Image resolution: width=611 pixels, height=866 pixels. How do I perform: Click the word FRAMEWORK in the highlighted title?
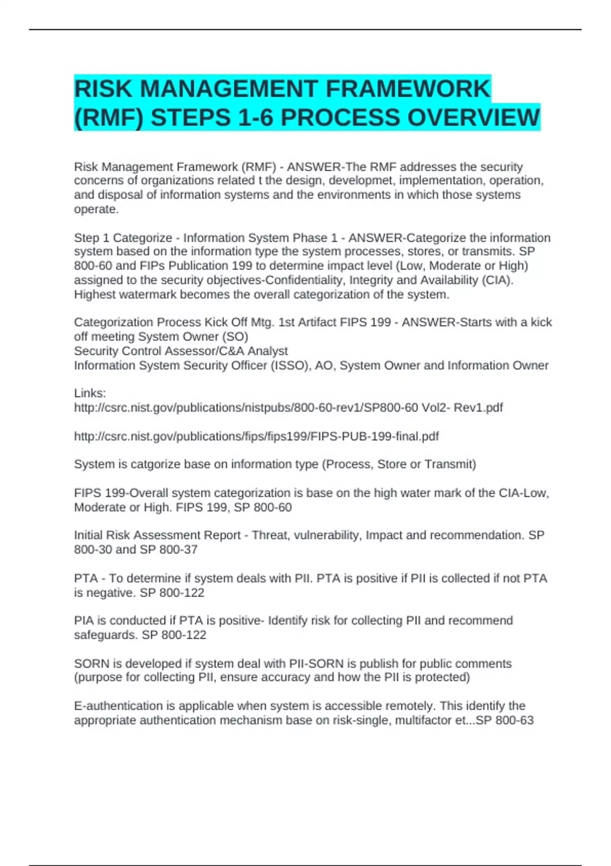[x=407, y=89]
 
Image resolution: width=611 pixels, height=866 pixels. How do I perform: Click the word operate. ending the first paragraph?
[x=96, y=209]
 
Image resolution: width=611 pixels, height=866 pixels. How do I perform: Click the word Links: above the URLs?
[x=90, y=393]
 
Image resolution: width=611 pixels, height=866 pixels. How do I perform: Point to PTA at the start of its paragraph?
[x=86, y=579]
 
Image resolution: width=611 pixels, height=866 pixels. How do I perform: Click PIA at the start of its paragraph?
[x=84, y=621]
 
